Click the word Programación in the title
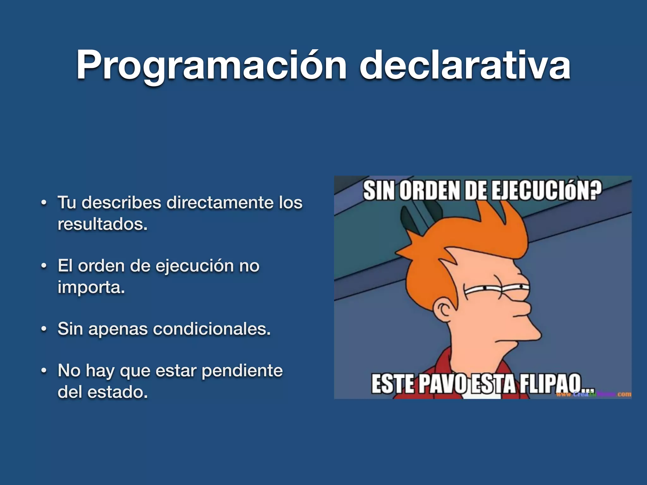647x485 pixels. pos(211,66)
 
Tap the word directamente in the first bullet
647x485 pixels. pos(220,202)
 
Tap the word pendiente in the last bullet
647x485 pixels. pos(242,371)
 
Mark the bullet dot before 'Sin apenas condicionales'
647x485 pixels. pos(44,329)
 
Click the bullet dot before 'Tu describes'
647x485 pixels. pos(44,203)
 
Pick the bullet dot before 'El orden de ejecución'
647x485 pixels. pos(44,266)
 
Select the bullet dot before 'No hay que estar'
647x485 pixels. pos(44,371)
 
